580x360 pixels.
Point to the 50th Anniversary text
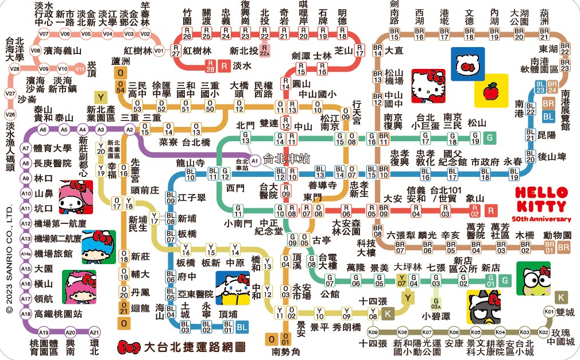542,219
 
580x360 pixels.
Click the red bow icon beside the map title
128,347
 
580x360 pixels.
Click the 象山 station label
475,198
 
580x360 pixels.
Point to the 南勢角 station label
286,351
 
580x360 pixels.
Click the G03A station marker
437,301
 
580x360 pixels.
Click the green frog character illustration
533,279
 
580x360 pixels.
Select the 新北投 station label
242,50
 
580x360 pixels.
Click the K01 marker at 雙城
548,312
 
